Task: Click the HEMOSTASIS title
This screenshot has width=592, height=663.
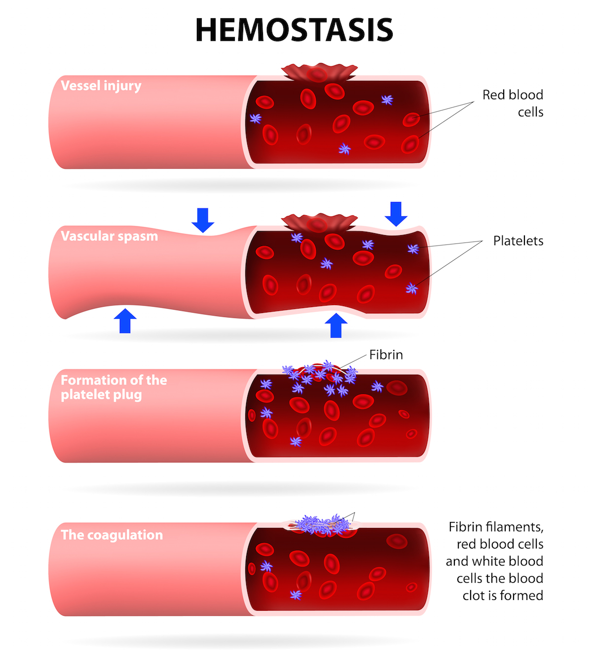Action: (x=294, y=30)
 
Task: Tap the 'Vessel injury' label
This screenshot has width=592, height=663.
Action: (x=101, y=86)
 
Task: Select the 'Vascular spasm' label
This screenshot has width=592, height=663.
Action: (x=110, y=236)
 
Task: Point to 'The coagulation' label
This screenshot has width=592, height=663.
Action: (x=112, y=535)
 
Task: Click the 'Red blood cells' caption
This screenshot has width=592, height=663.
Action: (x=513, y=103)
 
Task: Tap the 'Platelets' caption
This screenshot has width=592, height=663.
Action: (x=518, y=241)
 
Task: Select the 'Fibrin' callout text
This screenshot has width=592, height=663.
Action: (x=386, y=355)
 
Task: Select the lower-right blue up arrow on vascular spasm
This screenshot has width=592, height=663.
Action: (x=336, y=325)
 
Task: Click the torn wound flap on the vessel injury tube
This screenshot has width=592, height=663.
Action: (x=319, y=72)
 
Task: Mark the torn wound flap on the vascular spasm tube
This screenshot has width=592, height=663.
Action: (x=319, y=222)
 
